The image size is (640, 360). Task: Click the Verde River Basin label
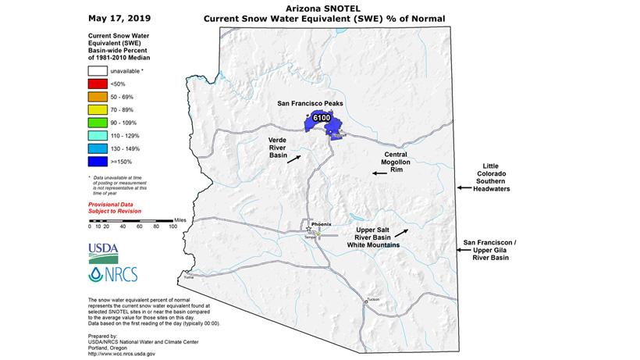(x=274, y=146)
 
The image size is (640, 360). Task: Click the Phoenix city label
(x=322, y=224)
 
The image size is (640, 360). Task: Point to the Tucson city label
(x=372, y=299)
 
